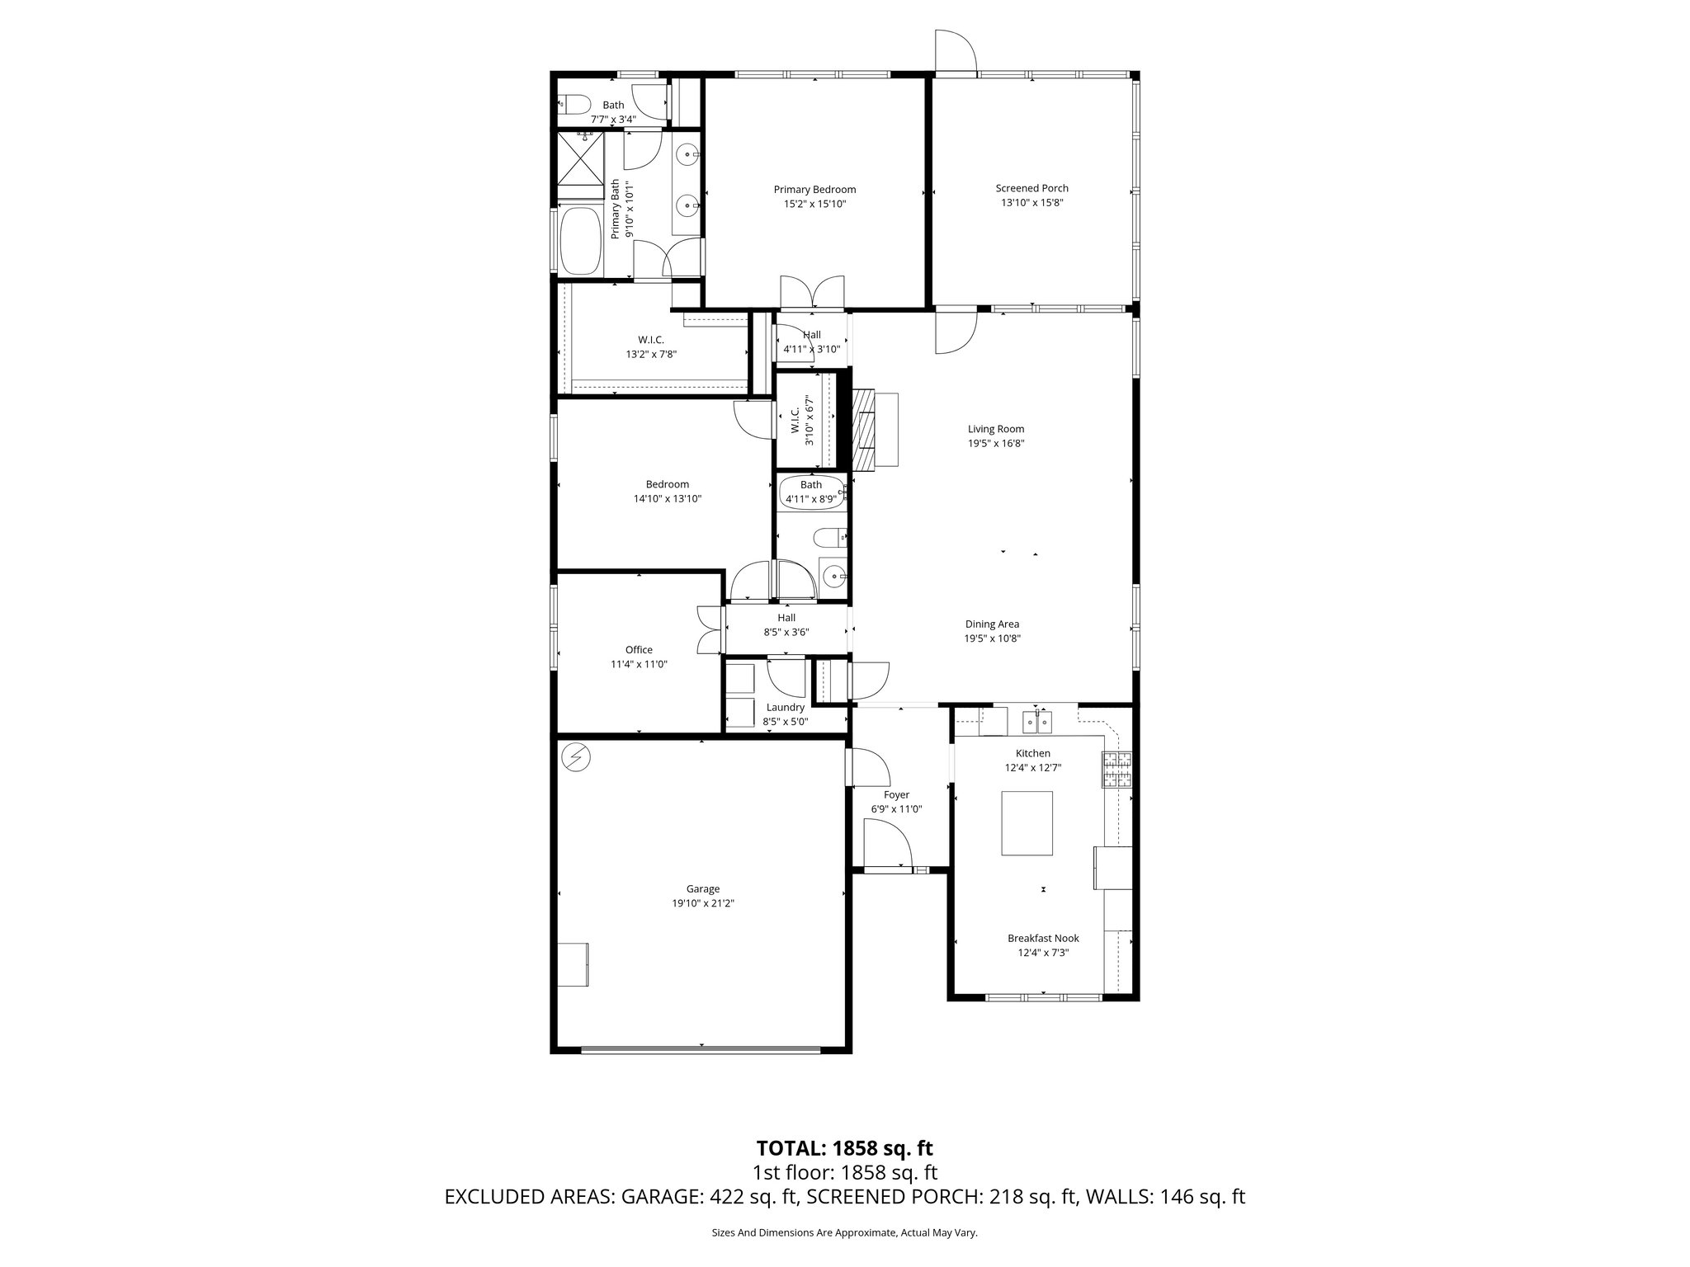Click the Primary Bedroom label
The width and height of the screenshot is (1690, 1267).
click(814, 189)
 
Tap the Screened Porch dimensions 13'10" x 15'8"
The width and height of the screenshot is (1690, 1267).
click(1031, 203)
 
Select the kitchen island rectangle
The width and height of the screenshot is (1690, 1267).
click(1027, 823)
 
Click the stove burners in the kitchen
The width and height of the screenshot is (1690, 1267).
click(1117, 770)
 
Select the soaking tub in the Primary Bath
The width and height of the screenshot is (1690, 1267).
click(582, 241)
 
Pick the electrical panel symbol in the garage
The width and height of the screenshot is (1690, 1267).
click(574, 757)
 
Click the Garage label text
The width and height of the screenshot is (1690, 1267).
click(703, 888)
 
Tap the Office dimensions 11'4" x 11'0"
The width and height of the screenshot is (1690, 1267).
click(639, 664)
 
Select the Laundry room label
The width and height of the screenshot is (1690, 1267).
click(785, 707)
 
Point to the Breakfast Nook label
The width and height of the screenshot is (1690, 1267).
click(1043, 938)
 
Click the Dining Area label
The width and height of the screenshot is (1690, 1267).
click(992, 624)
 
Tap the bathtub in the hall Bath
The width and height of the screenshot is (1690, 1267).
click(813, 493)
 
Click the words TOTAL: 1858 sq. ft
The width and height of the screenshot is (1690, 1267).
click(844, 1147)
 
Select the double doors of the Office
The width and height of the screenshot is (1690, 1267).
click(708, 631)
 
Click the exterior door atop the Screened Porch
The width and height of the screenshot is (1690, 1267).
click(956, 53)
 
